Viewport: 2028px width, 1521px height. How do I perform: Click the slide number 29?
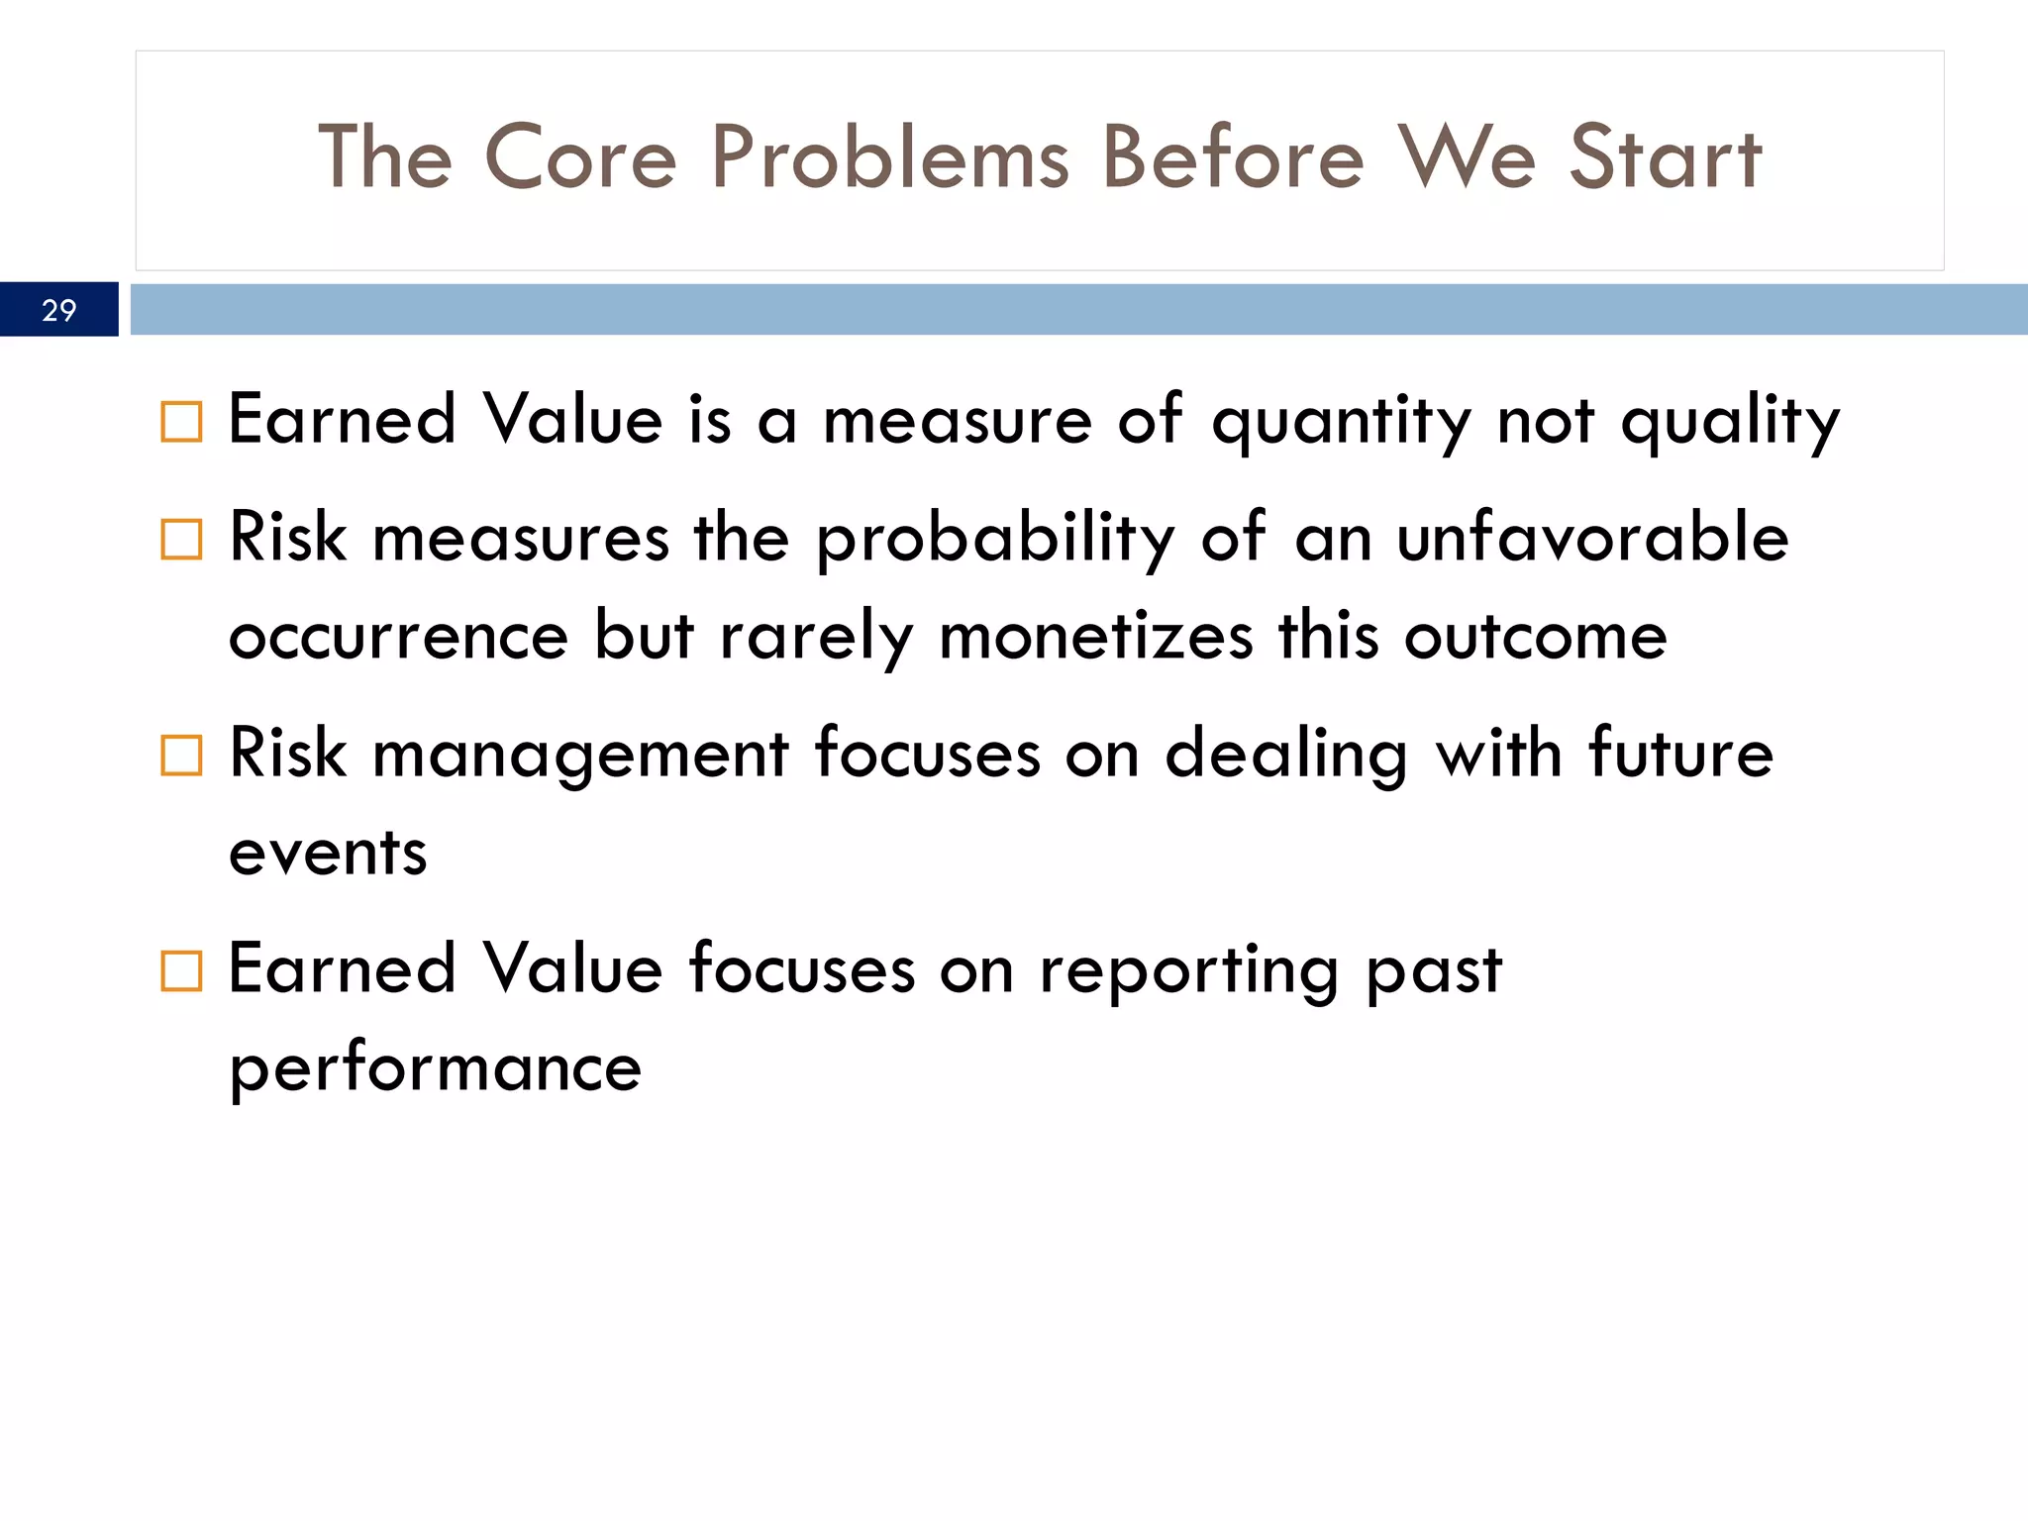click(x=59, y=310)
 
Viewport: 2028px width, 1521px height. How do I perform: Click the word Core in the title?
click(x=580, y=158)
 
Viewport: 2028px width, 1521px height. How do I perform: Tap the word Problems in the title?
click(x=890, y=158)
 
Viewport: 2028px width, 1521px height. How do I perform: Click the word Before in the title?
click(x=1233, y=158)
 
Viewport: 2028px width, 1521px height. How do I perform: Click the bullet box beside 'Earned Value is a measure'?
click(x=181, y=422)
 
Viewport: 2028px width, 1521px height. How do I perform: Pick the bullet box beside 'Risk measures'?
click(x=181, y=540)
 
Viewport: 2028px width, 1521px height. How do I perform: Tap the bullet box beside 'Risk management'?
click(x=181, y=756)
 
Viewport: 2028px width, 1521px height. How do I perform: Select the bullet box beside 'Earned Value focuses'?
click(x=181, y=971)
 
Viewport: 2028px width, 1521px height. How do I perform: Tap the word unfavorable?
click(x=1592, y=538)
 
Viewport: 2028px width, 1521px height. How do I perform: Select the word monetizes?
click(x=1095, y=636)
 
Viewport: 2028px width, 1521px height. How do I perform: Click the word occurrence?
click(x=398, y=638)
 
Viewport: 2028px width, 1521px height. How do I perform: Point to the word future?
click(x=1679, y=754)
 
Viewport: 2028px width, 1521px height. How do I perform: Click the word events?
click(x=328, y=854)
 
